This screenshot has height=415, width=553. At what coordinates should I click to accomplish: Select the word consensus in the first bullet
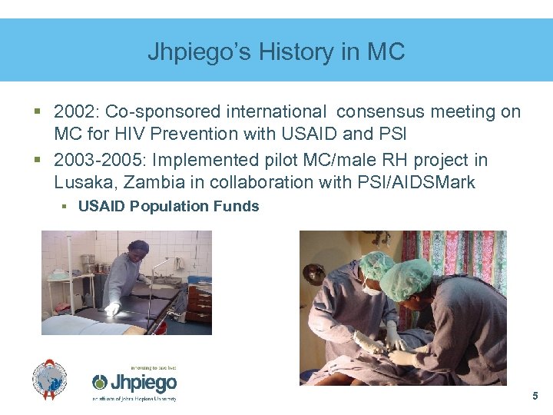385,112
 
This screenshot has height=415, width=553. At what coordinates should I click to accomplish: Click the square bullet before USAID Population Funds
68,206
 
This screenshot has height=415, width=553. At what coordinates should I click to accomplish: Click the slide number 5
535,397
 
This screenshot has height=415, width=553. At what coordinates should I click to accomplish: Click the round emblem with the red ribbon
49,380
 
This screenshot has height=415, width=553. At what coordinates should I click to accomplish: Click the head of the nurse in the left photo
139,249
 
